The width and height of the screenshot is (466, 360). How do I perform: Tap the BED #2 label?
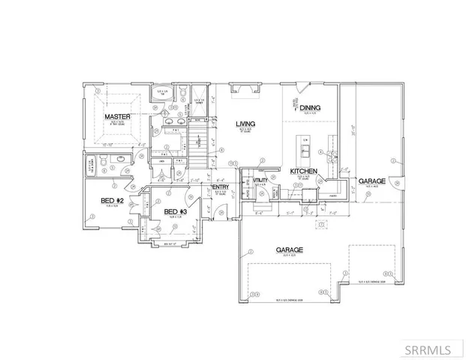113,200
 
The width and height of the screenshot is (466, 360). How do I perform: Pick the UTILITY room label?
260,181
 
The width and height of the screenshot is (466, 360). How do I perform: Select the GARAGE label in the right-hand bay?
371,182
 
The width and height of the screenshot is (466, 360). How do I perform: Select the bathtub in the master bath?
163,94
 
